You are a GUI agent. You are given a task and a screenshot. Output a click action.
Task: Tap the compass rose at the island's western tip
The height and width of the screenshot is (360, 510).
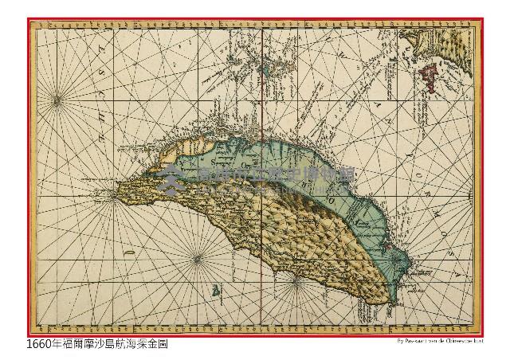click(x=114, y=192)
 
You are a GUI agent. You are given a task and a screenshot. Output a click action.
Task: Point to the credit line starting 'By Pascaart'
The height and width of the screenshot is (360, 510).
click(x=439, y=342)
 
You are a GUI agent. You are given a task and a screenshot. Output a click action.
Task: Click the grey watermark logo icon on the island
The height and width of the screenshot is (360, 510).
click(x=168, y=181)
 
